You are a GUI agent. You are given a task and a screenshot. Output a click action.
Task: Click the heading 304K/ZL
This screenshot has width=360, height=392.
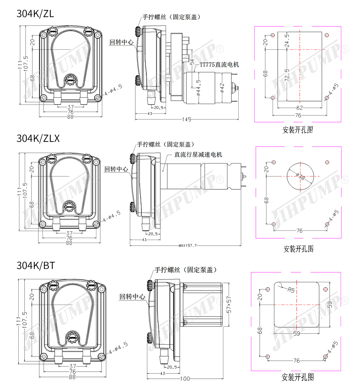tap(35, 14)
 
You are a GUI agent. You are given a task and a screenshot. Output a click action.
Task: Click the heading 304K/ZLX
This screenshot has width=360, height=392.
tap(38, 138)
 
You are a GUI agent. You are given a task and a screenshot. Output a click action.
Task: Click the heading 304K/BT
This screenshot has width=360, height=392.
tap(36, 265)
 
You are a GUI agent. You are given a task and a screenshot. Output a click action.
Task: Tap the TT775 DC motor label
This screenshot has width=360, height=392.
tap(219, 65)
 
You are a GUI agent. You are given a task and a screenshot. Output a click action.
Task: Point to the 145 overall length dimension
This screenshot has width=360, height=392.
tap(187, 119)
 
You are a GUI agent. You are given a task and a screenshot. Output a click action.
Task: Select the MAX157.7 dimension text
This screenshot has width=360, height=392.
tap(188, 246)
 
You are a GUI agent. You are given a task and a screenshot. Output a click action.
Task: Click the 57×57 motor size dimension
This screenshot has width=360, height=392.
tap(229, 305)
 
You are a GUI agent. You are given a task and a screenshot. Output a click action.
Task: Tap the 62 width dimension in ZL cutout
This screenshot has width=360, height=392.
tap(300, 108)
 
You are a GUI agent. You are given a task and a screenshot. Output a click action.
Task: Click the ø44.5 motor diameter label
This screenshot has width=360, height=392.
tap(199, 88)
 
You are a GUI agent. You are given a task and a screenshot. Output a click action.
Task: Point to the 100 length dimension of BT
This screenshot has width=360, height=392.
tap(185, 379)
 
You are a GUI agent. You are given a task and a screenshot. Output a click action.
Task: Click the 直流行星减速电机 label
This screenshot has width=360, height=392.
tap(198, 154)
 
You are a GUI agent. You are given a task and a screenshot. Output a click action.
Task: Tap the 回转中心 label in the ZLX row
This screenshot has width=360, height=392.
tap(116, 169)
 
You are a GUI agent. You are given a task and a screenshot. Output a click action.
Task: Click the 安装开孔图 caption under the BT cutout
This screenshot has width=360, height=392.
tap(298, 377)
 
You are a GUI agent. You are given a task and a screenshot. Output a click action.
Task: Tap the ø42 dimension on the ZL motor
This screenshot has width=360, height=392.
tap(222, 87)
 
